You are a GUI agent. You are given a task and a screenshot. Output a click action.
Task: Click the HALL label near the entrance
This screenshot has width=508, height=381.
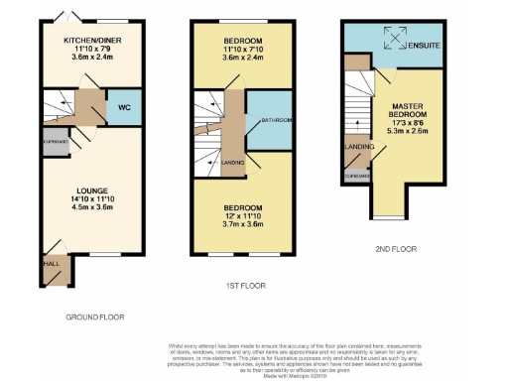click(50, 264)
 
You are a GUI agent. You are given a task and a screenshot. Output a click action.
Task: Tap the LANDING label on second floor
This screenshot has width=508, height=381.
click(358, 147)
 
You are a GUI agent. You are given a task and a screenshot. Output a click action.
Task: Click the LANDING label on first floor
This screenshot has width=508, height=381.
click(234, 162)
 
